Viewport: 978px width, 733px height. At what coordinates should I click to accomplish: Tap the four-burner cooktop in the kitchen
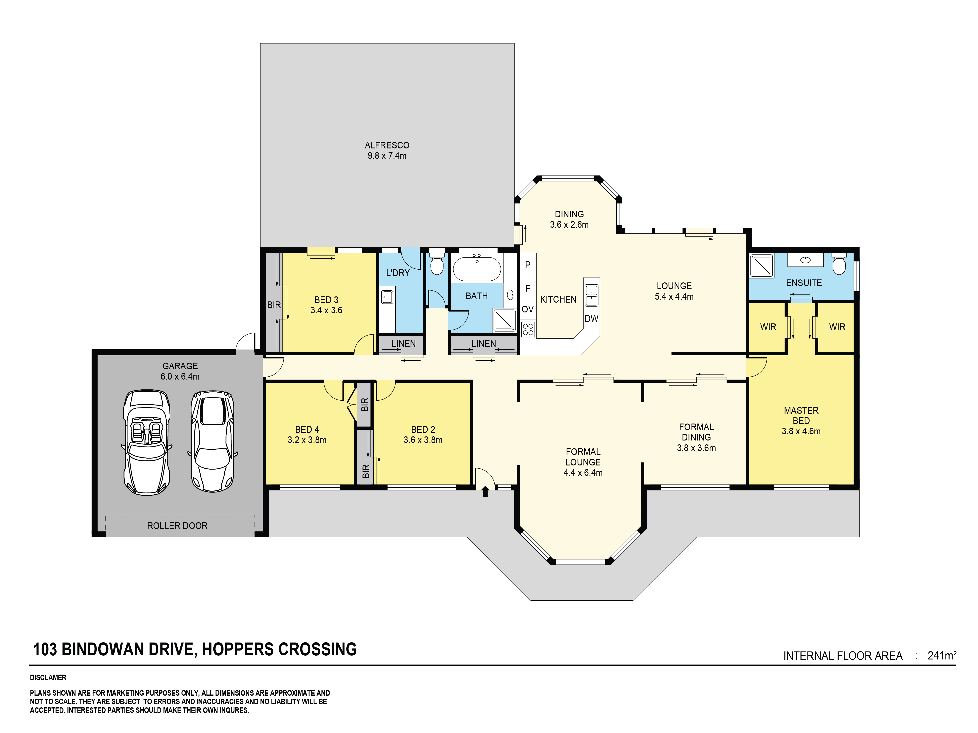[528, 329]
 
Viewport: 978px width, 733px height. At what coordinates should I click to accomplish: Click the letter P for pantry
[527, 265]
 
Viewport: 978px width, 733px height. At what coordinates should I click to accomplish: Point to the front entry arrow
[485, 491]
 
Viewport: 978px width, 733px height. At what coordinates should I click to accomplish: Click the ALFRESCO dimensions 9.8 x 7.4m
[387, 156]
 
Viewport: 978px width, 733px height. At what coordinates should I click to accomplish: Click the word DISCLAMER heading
[48, 677]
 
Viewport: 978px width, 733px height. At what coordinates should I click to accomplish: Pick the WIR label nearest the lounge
[768, 327]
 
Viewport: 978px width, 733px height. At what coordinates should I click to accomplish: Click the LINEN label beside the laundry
[403, 343]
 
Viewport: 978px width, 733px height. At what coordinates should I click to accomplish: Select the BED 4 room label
[307, 429]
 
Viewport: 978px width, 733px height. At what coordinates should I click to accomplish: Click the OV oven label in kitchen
[527, 309]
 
